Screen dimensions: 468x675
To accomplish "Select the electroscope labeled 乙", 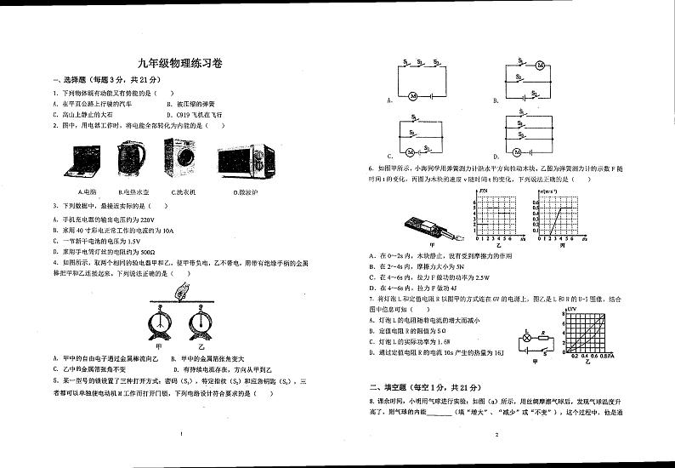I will click(x=201, y=325).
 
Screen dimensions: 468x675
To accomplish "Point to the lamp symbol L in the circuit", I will click(x=525, y=337).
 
